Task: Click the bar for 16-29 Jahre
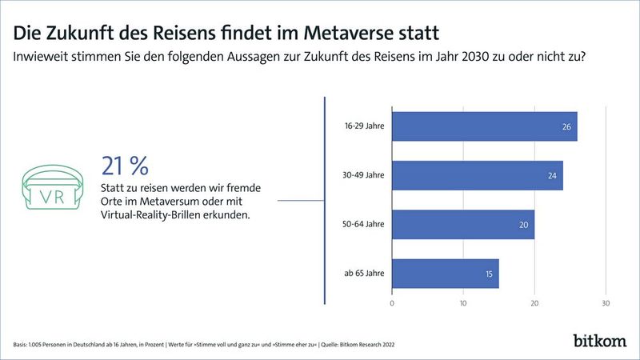(484, 126)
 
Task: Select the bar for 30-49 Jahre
(477, 175)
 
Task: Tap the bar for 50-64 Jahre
(462, 225)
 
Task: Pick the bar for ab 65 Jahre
(445, 274)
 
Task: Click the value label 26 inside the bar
(567, 126)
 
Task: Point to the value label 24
(553, 175)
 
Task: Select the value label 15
(489, 274)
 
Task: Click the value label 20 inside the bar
(524, 225)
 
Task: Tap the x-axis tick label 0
(392, 304)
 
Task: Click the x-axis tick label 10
(463, 304)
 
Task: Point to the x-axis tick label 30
(606, 304)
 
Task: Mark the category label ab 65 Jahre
(365, 274)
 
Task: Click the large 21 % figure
(125, 166)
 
